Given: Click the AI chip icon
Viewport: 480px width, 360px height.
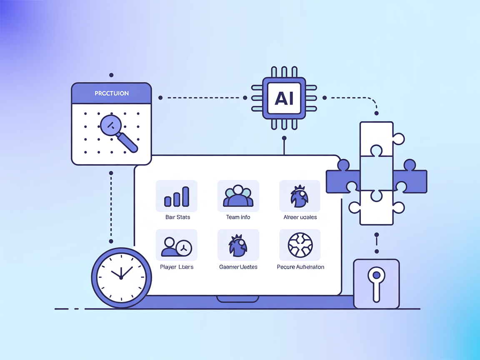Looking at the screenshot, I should (x=284, y=99).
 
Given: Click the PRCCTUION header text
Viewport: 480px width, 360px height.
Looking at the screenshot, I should (x=111, y=93).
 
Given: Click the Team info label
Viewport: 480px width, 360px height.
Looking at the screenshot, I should (x=238, y=217).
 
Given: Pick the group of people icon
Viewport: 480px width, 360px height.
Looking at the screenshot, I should (x=238, y=196).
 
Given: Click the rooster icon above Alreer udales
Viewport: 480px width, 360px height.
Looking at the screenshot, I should (x=299, y=196).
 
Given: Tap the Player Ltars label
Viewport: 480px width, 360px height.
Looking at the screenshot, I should (x=176, y=267).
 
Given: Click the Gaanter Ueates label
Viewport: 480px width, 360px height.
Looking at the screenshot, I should (x=238, y=267).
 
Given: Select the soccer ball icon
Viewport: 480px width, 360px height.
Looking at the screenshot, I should (x=300, y=245).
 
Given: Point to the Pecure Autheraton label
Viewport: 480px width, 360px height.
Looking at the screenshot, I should (x=300, y=267).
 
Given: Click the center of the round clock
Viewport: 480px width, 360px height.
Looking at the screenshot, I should (x=121, y=277).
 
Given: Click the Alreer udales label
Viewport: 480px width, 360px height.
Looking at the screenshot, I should (x=300, y=217).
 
